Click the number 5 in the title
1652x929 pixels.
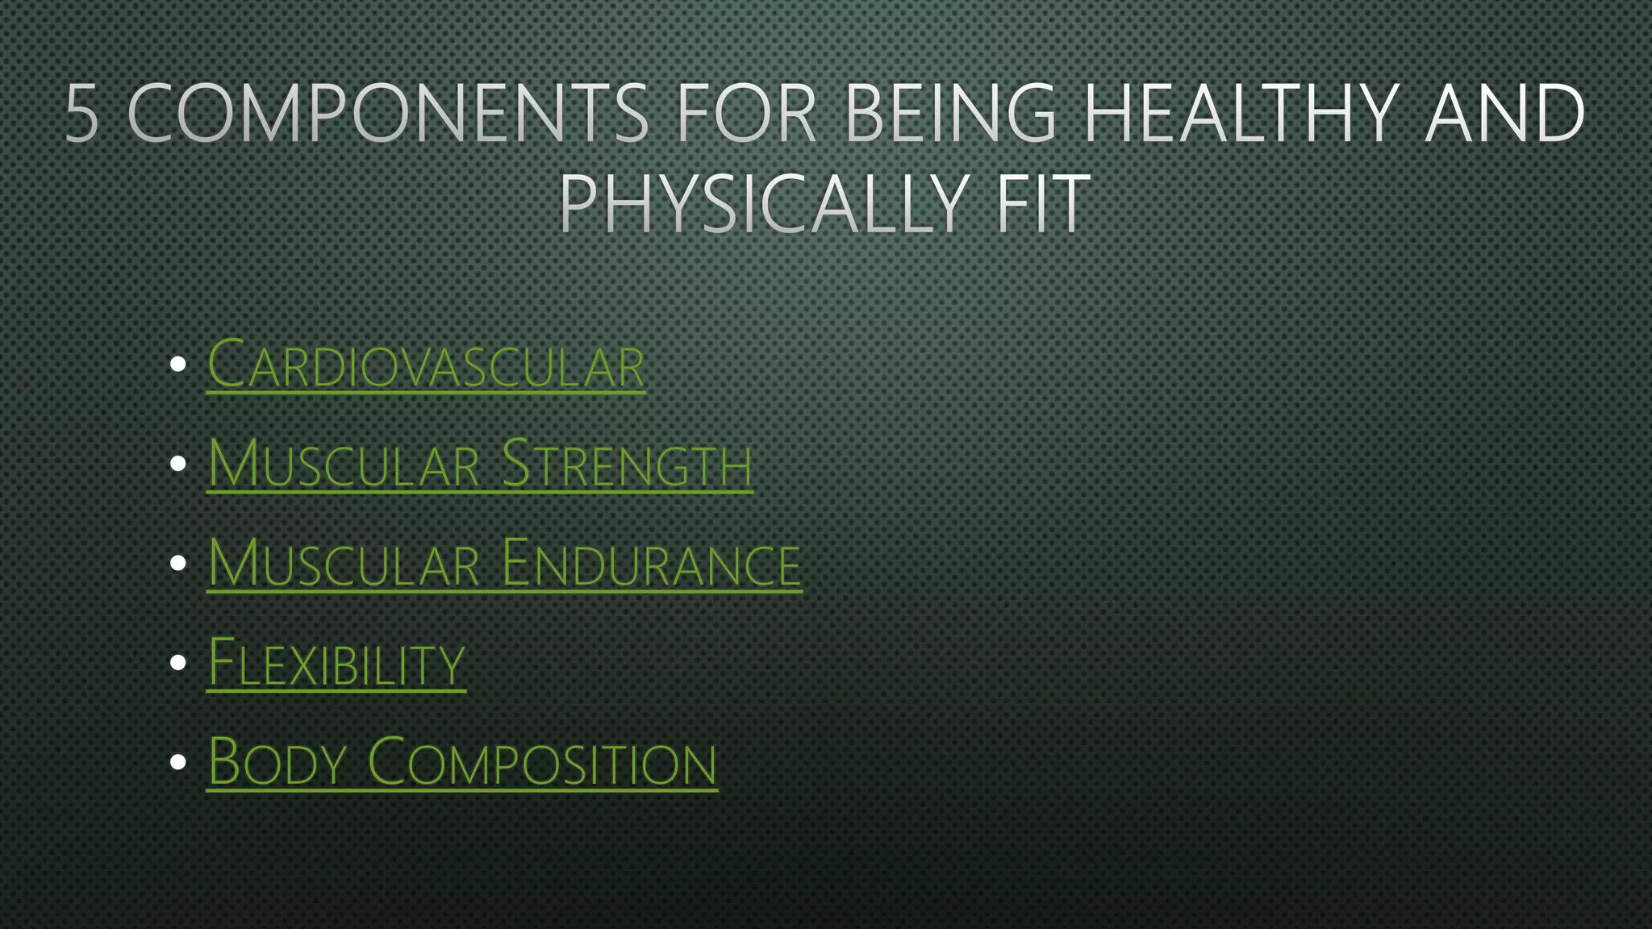[x=82, y=113]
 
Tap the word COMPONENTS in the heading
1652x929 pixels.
[x=388, y=113]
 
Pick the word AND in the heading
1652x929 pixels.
[x=1505, y=113]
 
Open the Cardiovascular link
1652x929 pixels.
[x=426, y=365]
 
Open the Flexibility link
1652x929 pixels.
[x=336, y=663]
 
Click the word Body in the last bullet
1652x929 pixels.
[x=277, y=762]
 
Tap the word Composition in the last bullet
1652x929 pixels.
[x=542, y=762]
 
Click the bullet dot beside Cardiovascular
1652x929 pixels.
[x=178, y=365]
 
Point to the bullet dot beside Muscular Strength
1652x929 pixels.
[x=178, y=464]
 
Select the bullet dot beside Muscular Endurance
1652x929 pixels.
[x=178, y=563]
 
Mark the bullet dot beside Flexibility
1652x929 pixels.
[x=178, y=663]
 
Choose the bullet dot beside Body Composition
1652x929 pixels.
[x=178, y=762]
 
